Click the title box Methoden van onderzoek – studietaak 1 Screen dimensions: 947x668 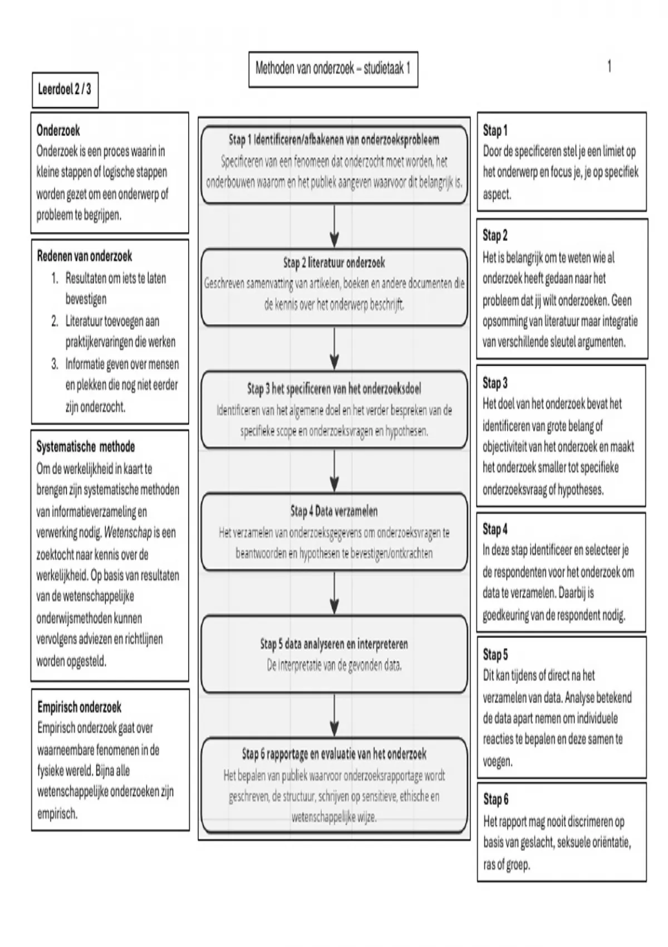coord(333,69)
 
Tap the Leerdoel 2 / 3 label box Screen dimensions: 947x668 coord(65,89)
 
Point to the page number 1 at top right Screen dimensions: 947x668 coord(610,67)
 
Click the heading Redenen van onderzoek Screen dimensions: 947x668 coord(85,256)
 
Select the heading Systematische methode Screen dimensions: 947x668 coord(85,447)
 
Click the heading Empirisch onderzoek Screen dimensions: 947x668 coord(79,707)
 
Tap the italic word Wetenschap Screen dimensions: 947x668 coord(127,533)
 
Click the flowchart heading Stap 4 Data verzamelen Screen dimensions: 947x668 coord(334,511)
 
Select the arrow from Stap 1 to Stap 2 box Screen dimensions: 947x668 coord(334,226)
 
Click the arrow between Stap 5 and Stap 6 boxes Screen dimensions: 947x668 coord(334,715)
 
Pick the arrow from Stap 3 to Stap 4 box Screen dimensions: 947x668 coord(334,471)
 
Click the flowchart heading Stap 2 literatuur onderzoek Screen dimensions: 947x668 coord(334,263)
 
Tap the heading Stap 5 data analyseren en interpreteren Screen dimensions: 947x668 coord(334,645)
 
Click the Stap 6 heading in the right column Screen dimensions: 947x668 coord(495,800)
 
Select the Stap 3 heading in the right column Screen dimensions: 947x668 coord(495,383)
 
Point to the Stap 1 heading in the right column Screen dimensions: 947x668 coord(495,131)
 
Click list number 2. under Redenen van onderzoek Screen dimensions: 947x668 coord(55,321)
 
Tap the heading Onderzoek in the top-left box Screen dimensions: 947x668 coord(58,131)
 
